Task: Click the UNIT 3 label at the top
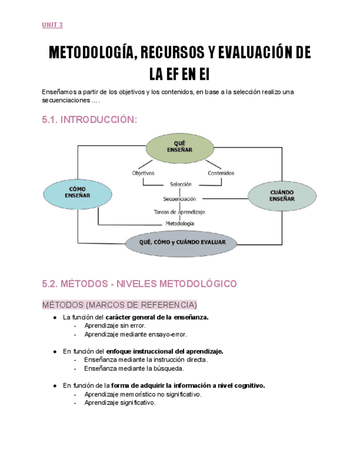[52, 25]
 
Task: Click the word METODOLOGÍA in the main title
[91, 53]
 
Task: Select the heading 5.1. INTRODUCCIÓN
[89, 120]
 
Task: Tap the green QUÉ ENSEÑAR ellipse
[179, 147]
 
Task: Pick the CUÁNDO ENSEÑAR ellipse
[281, 196]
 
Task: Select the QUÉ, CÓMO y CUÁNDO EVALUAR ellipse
[179, 242]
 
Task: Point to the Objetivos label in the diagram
[143, 173]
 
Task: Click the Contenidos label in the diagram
[221, 173]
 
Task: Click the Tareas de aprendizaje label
[179, 211]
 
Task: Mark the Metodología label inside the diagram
[180, 224]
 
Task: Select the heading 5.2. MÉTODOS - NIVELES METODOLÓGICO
[139, 284]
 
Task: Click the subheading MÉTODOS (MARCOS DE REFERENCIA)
[119, 304]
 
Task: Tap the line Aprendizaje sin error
[115, 325]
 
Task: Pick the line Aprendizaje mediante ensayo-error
[135, 334]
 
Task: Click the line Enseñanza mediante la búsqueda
[134, 368]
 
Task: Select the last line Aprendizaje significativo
[120, 402]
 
